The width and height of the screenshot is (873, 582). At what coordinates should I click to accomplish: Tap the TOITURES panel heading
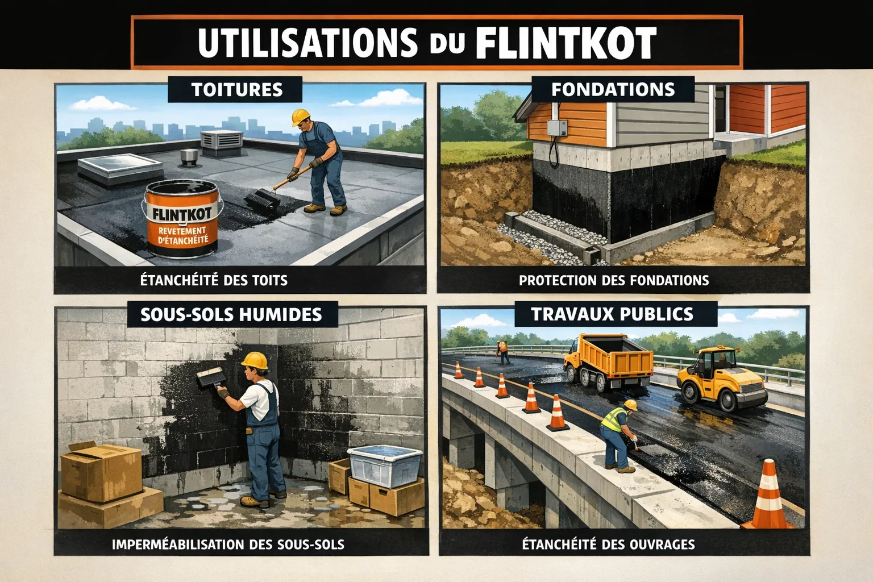click(x=237, y=90)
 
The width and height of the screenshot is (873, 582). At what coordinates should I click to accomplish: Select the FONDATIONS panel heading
click(x=613, y=90)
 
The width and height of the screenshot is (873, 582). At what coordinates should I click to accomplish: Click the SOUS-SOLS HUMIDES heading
click(x=231, y=314)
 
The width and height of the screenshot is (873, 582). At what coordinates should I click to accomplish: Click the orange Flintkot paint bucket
click(x=182, y=218)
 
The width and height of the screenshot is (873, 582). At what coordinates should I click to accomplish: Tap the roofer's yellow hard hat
click(x=301, y=117)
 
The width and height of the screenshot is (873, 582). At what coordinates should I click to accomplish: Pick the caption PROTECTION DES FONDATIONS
click(x=614, y=280)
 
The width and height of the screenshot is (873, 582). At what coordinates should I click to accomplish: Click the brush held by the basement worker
click(x=211, y=377)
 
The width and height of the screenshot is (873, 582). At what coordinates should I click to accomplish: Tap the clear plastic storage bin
click(x=384, y=466)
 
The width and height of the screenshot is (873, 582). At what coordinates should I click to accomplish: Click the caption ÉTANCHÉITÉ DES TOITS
click(x=214, y=280)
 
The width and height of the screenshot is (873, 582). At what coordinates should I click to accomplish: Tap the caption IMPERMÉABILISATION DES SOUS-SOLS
click(x=228, y=544)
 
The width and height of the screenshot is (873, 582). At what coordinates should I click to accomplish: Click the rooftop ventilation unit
click(x=221, y=143)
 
